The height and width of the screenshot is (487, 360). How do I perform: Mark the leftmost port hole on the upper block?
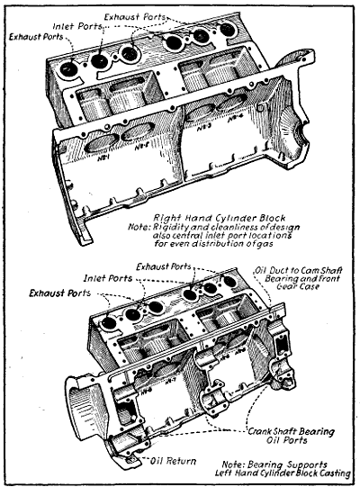pyautogui.click(x=68, y=69)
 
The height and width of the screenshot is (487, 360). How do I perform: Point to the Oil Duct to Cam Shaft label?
pyautogui.click(x=296, y=270)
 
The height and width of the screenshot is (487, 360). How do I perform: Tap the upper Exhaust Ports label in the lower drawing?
pyautogui.click(x=167, y=266)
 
